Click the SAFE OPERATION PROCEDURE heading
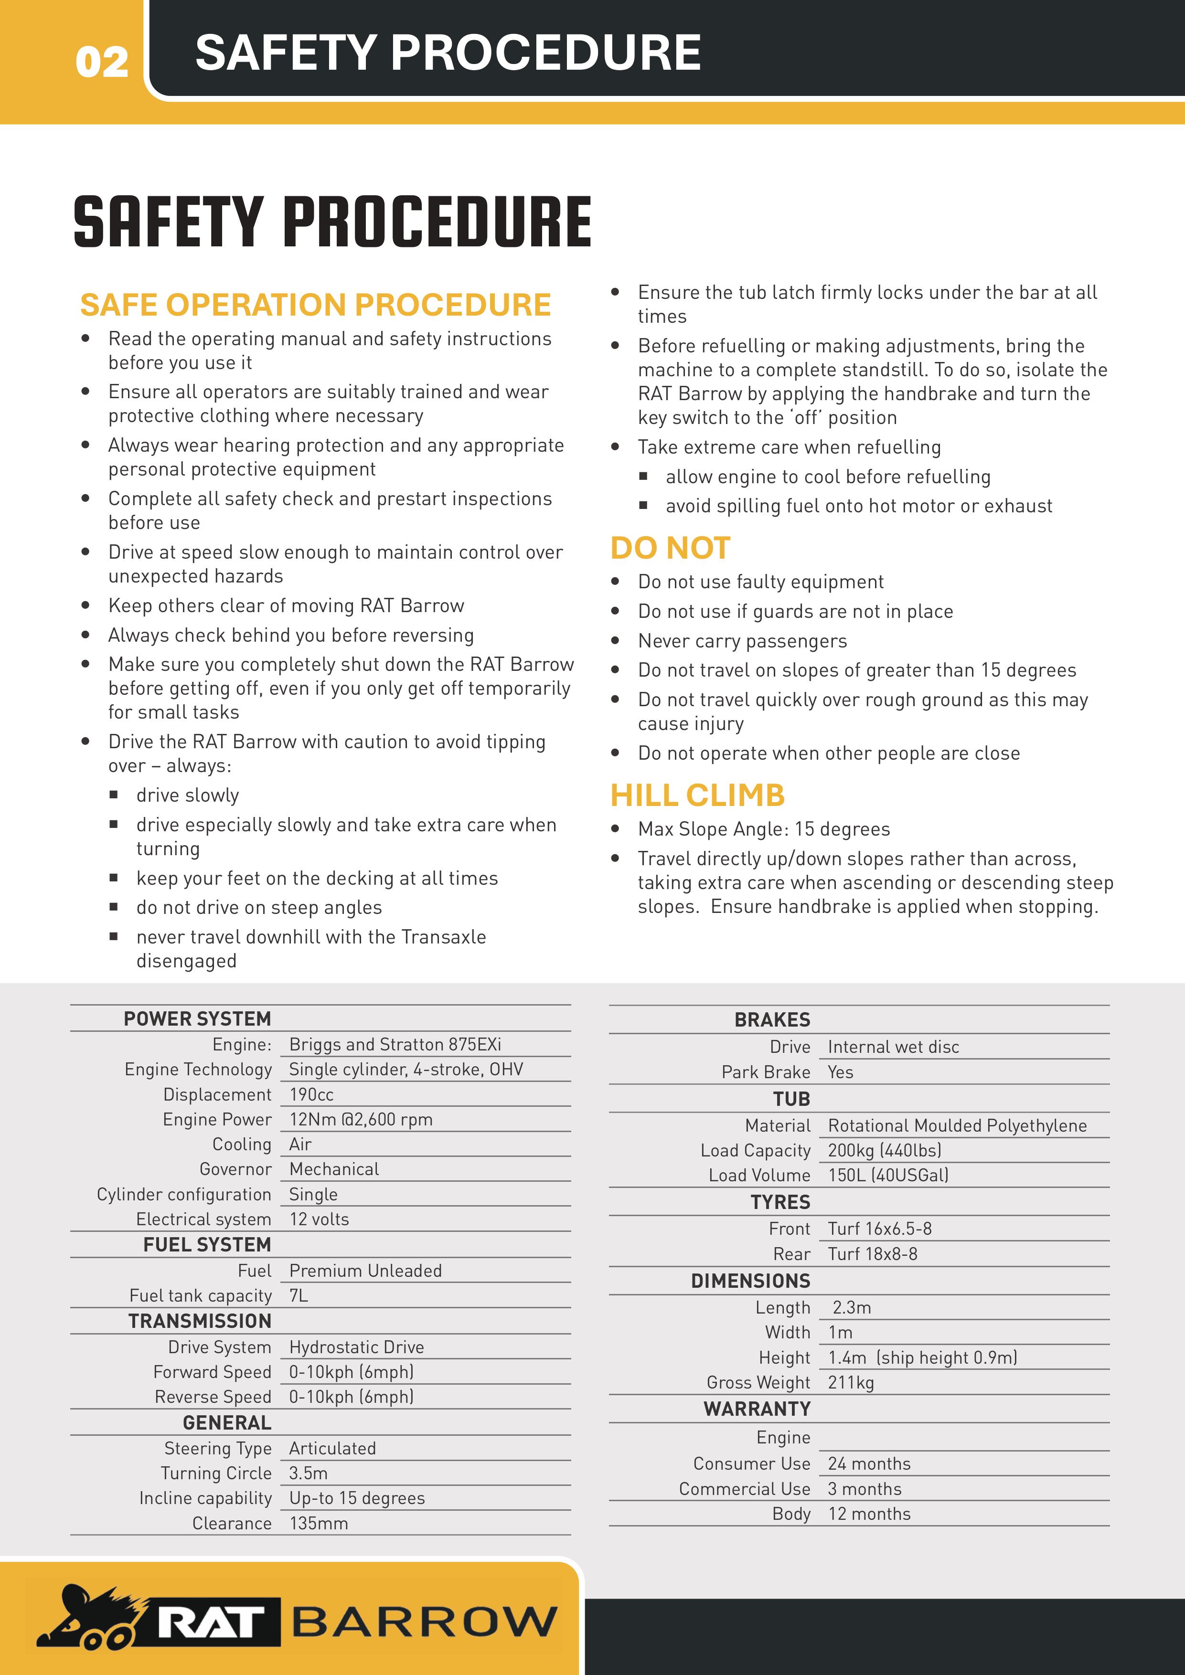point(315,305)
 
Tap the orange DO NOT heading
point(670,548)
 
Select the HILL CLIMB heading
point(697,795)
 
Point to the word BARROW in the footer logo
point(424,1621)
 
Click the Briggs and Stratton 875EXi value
point(395,1045)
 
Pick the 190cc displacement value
point(311,1094)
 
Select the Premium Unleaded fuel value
point(365,1271)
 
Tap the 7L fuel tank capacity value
point(299,1296)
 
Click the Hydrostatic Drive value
point(356,1346)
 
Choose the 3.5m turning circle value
point(308,1473)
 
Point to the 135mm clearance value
point(318,1523)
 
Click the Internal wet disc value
point(893,1047)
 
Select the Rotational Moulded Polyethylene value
point(957,1126)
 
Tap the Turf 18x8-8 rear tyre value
point(872,1254)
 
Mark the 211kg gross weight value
point(850,1382)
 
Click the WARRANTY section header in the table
point(757,1409)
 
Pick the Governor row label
point(235,1169)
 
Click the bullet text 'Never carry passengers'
point(742,640)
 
